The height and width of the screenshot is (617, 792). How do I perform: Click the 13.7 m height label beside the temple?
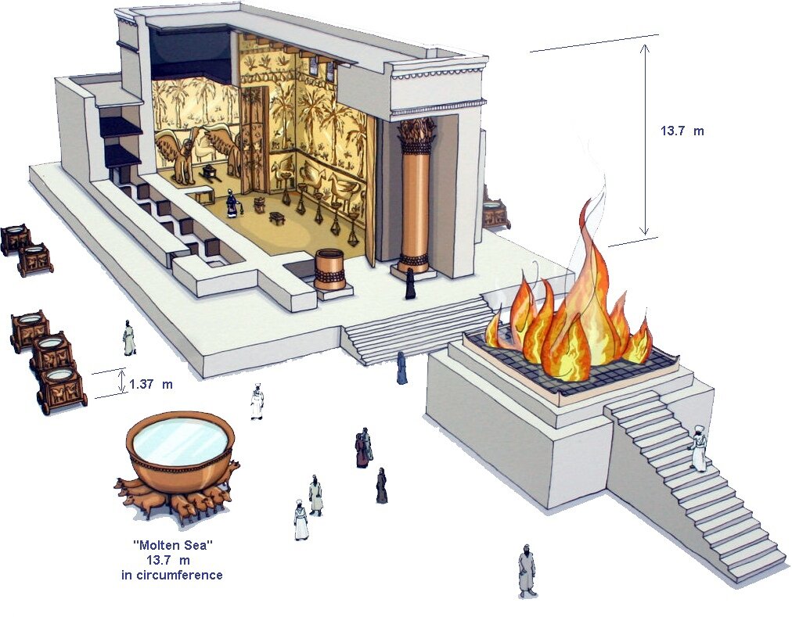682,131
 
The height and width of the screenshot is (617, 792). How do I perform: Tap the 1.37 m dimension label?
151,384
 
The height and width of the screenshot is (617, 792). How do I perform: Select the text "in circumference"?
171,575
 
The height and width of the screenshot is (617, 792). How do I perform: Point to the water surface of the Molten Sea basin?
181,439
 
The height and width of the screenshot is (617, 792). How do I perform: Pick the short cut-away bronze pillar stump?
329,269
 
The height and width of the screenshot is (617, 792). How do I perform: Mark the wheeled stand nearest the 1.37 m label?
62,388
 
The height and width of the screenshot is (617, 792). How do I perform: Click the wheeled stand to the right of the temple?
495,212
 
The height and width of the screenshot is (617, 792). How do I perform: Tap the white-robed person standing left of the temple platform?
129,338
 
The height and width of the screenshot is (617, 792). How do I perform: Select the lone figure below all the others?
527,570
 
